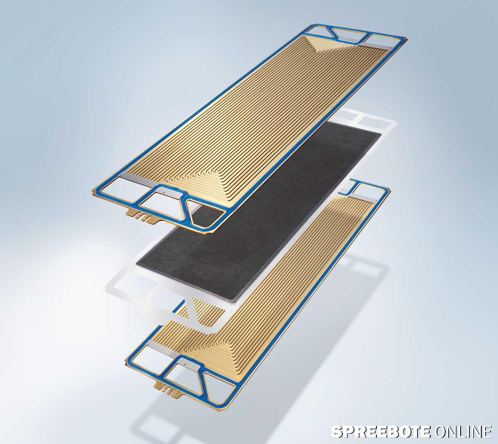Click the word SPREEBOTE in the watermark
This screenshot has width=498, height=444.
[x=381, y=432]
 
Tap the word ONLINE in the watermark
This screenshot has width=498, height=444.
[x=463, y=432]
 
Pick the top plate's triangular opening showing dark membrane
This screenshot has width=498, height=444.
[x=207, y=212]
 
